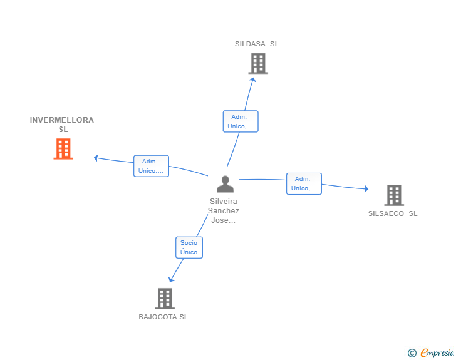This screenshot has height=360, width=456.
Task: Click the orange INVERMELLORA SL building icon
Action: pyautogui.click(x=63, y=148)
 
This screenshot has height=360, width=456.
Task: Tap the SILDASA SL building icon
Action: pyautogui.click(x=258, y=63)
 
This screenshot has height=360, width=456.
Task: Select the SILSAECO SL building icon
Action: pyautogui.click(x=394, y=195)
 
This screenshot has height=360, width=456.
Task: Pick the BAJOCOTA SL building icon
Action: pyautogui.click(x=165, y=299)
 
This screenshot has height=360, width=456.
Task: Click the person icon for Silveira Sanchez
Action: pyautogui.click(x=225, y=184)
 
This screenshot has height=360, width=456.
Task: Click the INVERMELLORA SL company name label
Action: pyautogui.click(x=62, y=125)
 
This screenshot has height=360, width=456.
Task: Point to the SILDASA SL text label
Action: pyautogui.click(x=257, y=44)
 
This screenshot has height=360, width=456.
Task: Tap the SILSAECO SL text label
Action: pyautogui.click(x=393, y=213)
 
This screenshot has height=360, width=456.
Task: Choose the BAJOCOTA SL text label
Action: pyautogui.click(x=163, y=317)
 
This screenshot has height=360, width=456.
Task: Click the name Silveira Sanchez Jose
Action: pyautogui.click(x=224, y=211)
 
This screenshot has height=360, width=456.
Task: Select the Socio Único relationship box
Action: pyautogui.click(x=189, y=247)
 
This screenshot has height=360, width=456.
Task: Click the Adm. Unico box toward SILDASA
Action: pyautogui.click(x=241, y=121)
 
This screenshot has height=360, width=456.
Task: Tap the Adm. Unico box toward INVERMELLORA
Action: pyautogui.click(x=151, y=166)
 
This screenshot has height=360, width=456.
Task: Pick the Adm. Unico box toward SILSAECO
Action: pyautogui.click(x=304, y=184)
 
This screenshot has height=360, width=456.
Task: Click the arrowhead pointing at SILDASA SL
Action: pyautogui.click(x=252, y=80)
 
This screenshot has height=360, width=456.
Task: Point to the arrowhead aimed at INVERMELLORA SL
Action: pyautogui.click(x=96, y=158)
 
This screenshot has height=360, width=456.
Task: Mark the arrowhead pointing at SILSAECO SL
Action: pyautogui.click(x=366, y=189)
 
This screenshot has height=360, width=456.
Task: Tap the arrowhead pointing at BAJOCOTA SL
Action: pyautogui.click(x=171, y=280)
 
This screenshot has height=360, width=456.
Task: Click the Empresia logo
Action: pyautogui.click(x=437, y=353)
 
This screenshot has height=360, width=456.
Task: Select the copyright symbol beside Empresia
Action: pyautogui.click(x=412, y=353)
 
